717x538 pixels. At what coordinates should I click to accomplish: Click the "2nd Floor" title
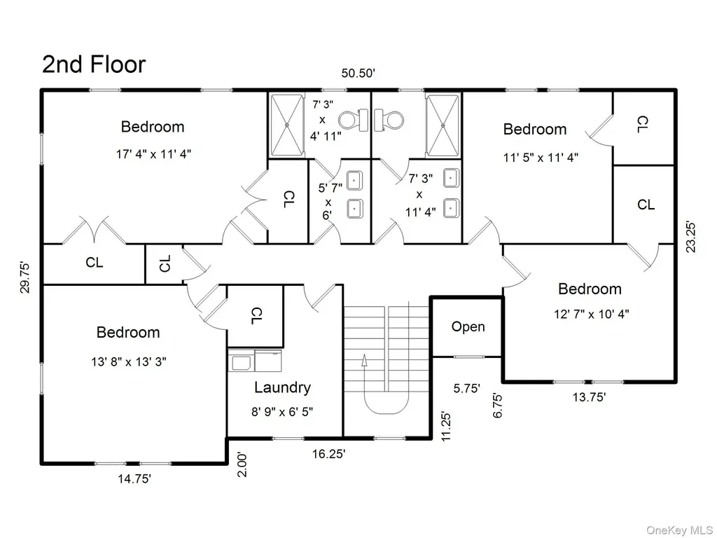94,64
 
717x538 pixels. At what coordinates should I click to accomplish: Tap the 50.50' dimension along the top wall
358,73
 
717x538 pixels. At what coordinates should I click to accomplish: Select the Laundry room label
282,387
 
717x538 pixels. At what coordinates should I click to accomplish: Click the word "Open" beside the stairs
468,326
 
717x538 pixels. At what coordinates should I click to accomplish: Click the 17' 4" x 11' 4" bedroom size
153,153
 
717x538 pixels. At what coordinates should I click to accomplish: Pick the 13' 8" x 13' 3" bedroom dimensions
129,362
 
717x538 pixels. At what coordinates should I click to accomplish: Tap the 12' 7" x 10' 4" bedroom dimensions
591,315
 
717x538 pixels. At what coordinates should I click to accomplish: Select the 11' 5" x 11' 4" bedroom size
541,158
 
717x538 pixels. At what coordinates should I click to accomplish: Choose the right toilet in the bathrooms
389,120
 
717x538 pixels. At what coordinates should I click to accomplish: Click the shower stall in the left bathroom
287,125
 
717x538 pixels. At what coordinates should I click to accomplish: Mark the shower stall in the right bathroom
443,125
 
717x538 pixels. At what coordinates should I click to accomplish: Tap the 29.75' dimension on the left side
25,277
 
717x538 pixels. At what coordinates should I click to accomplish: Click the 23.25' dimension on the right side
690,237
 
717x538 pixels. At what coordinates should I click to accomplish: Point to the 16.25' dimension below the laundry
329,454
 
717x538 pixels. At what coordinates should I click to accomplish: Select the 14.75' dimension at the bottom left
134,479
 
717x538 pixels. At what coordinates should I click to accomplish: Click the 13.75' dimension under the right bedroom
589,397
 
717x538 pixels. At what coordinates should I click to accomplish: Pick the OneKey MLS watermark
679,530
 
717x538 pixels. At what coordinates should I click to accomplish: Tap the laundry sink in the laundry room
241,363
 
